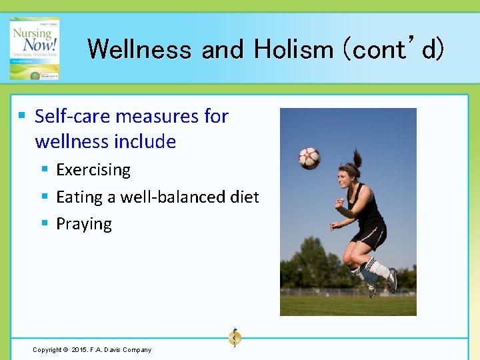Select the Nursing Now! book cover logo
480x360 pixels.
(35, 49)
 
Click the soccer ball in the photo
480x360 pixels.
(309, 158)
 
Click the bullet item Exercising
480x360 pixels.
(93, 170)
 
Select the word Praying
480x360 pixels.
(84, 224)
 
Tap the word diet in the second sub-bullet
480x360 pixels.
(244, 197)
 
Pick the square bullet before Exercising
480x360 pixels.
(44, 169)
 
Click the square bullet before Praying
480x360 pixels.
(44, 223)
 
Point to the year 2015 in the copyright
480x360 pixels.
(79, 350)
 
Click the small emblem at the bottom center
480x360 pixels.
(234, 337)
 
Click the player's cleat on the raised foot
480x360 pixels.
(392, 280)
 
